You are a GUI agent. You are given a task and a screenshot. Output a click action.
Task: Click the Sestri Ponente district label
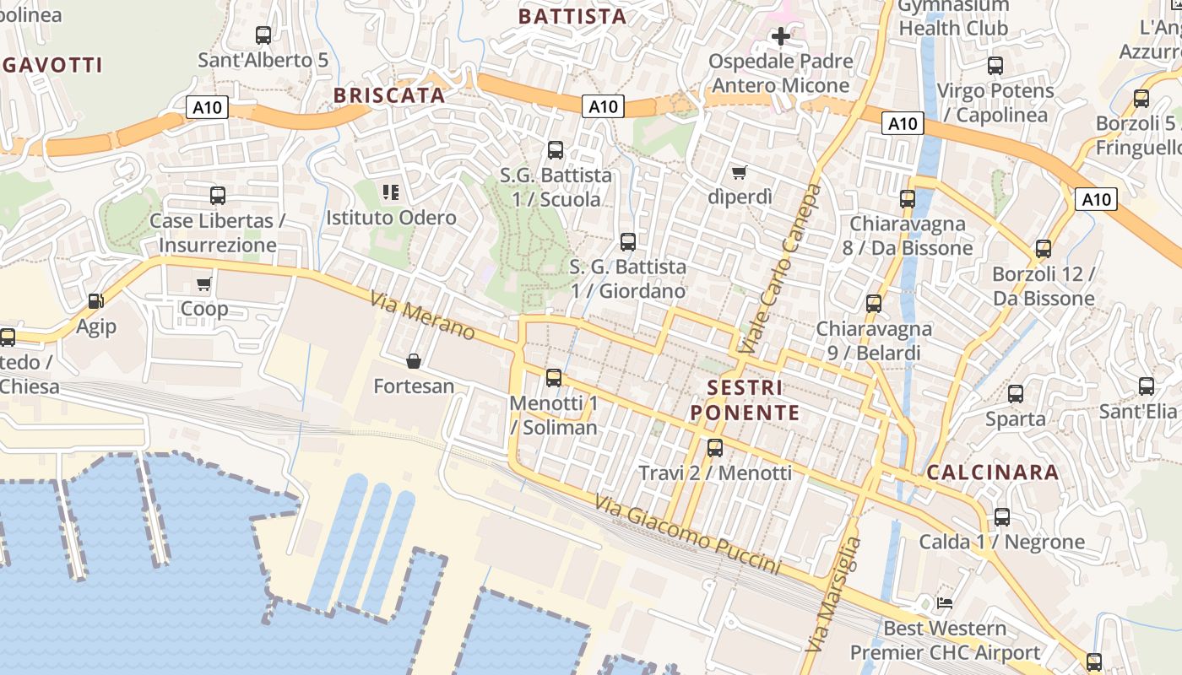pyautogui.click(x=745, y=400)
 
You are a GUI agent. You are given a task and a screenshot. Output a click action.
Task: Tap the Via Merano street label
pyautogui.click(x=422, y=316)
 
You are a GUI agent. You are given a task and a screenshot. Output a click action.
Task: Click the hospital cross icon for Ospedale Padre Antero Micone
pyautogui.click(x=781, y=36)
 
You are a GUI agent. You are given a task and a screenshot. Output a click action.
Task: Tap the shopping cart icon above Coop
pyautogui.click(x=203, y=283)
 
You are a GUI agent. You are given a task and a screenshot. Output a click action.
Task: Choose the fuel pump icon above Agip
pyautogui.click(x=96, y=301)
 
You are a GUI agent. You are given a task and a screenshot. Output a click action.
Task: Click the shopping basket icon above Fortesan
pyautogui.click(x=414, y=361)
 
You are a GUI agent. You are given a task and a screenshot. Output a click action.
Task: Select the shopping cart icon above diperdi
pyautogui.click(x=740, y=172)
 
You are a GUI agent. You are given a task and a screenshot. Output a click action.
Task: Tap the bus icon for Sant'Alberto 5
pyautogui.click(x=263, y=35)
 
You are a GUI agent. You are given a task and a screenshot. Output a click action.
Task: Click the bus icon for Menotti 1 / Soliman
pyautogui.click(x=554, y=378)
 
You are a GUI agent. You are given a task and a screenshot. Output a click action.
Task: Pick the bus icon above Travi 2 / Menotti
pyautogui.click(x=715, y=447)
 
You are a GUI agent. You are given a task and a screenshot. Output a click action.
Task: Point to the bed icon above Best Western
pyautogui.click(x=945, y=603)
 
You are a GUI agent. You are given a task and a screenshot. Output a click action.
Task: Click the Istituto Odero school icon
pyautogui.click(x=391, y=192)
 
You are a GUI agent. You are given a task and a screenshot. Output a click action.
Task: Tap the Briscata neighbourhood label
pyautogui.click(x=389, y=95)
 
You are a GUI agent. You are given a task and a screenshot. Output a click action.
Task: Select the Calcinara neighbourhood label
pyautogui.click(x=993, y=472)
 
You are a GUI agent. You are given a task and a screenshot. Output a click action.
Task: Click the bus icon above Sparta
pyautogui.click(x=1016, y=393)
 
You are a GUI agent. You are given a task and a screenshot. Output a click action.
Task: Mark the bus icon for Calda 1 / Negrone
pyautogui.click(x=1002, y=516)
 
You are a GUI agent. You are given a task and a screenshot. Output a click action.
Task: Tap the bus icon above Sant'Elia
pyautogui.click(x=1147, y=386)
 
